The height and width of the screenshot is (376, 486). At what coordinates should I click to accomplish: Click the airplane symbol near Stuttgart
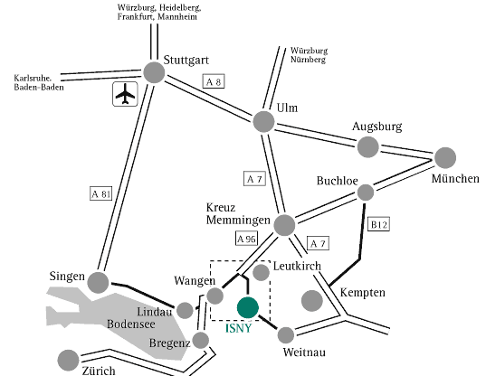125,94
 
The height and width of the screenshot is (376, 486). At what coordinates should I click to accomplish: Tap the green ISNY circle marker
248,307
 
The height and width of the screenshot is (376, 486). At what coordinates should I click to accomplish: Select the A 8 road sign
214,81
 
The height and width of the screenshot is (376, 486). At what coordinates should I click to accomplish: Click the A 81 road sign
100,193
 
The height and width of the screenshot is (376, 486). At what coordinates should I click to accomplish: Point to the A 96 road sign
246,239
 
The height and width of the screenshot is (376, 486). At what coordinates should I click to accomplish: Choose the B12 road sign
378,224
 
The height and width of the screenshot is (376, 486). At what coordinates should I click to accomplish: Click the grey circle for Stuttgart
154,72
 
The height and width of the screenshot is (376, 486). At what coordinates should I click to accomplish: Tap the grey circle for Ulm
263,122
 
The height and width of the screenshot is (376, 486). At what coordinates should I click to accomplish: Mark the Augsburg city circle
368,147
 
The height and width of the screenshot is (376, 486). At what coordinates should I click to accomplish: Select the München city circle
445,158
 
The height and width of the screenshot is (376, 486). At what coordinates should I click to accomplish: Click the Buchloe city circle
366,193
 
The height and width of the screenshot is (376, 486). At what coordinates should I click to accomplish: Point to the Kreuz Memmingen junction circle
284,225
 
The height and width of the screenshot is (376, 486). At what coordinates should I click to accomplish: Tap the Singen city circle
99,283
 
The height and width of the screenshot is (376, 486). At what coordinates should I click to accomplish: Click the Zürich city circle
68,361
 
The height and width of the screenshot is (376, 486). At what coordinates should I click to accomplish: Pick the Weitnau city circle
286,335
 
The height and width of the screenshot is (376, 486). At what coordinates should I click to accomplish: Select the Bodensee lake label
131,324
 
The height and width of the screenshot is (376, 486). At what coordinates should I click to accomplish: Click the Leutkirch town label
297,266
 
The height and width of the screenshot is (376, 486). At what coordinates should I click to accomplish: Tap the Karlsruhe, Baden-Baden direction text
39,82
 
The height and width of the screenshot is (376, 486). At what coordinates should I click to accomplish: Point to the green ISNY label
238,328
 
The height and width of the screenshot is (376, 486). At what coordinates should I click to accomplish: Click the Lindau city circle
185,310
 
